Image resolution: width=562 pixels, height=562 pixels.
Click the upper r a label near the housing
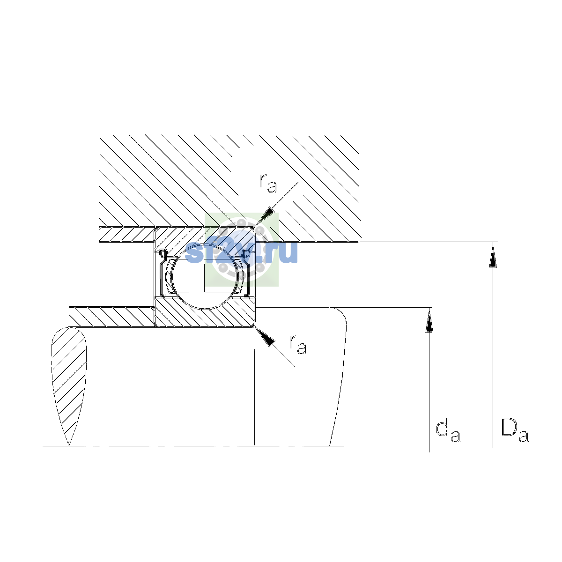(x=268, y=184)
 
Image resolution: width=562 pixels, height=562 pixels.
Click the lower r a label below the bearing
(x=298, y=345)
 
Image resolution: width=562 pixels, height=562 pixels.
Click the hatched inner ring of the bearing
(x=205, y=312)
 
